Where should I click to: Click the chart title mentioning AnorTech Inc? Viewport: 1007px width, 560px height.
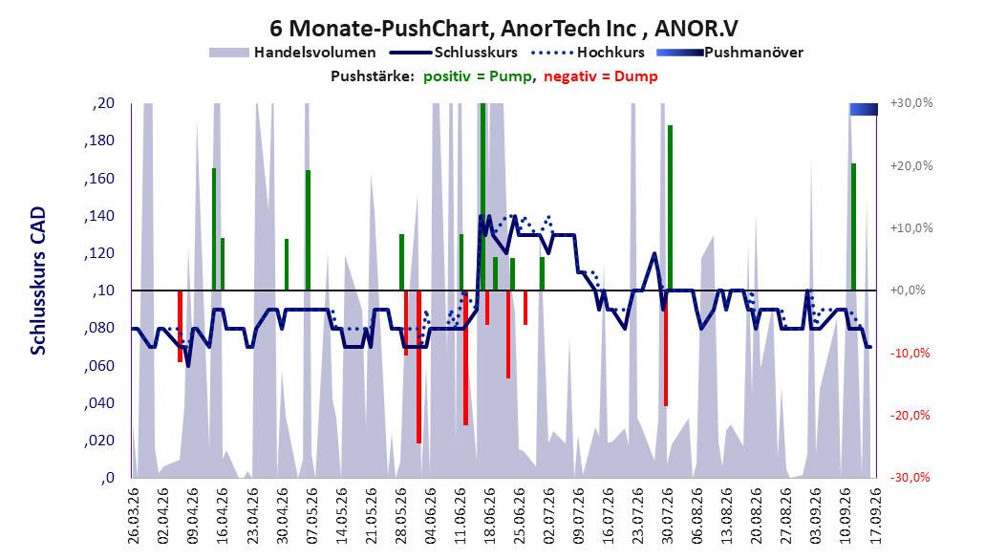pos(503,28)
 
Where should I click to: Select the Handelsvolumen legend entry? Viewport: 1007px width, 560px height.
pos(293,53)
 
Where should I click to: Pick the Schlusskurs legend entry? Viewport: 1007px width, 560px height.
pos(454,53)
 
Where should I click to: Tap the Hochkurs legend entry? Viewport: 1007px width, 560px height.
pos(588,53)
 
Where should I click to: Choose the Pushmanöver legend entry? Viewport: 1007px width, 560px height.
pos(730,53)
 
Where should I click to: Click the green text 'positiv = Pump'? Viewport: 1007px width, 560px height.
pos(478,76)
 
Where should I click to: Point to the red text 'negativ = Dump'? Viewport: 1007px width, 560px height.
pos(601,76)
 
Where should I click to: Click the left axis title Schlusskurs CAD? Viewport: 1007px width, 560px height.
pos(38,281)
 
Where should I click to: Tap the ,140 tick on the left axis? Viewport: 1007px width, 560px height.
pos(99,216)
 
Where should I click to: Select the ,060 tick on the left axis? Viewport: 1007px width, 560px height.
pos(99,366)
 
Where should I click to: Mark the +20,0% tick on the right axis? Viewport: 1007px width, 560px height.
pos(911,165)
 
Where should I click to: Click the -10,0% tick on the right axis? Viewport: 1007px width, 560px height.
pos(910,354)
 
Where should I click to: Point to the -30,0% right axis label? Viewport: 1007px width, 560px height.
pos(910,478)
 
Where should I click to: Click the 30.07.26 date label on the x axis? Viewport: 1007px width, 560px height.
pos(667,516)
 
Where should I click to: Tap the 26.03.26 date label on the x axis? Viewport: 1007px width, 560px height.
pos(134,516)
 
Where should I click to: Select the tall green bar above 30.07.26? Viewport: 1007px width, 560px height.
pos(670,207)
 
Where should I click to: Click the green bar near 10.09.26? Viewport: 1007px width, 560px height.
pos(853,226)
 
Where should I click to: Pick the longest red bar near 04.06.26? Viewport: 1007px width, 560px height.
pos(418,367)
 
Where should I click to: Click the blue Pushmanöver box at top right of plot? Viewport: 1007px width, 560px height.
pos(864,110)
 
